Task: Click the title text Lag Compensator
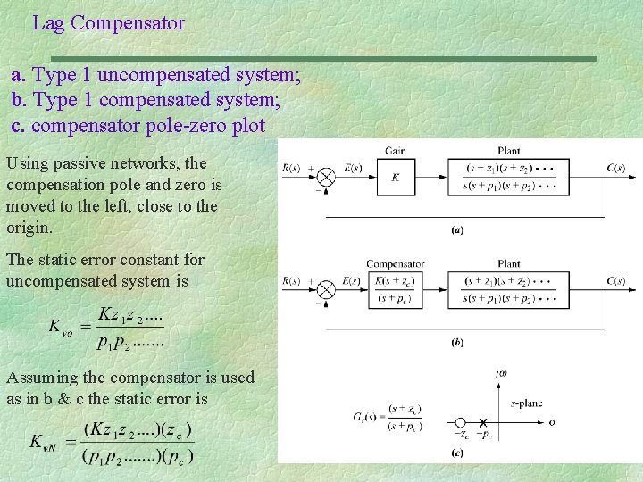tap(108, 23)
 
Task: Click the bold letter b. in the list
tap(20, 100)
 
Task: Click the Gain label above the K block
tap(396, 151)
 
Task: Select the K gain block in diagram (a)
tap(396, 178)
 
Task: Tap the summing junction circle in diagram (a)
tap(326, 178)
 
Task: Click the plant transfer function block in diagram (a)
tap(510, 178)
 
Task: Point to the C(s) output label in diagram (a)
tap(615, 168)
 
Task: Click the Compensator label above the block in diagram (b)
tap(396, 264)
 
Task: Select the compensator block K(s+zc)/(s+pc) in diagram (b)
tap(396, 290)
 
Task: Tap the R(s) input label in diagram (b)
tap(291, 281)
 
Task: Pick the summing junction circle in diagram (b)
tap(326, 290)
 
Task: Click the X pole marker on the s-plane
tap(482, 421)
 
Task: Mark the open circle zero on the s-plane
tap(461, 421)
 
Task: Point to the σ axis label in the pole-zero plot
tap(552, 420)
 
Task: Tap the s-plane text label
tap(526, 403)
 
